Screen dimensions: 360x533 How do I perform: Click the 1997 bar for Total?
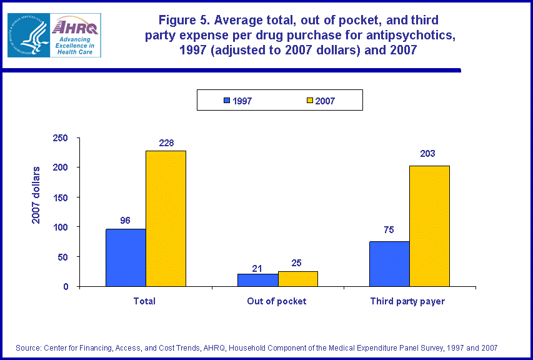(x=126, y=257)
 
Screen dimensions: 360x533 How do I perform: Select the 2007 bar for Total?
(x=166, y=218)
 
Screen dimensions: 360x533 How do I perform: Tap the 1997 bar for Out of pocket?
(x=257, y=280)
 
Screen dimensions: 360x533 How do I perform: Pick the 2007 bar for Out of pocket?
(x=297, y=279)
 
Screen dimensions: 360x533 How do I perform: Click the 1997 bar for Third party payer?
(x=389, y=264)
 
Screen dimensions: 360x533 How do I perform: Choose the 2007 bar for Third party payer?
(x=429, y=226)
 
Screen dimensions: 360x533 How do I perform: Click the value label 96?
(x=126, y=220)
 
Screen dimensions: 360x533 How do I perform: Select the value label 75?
(x=388, y=229)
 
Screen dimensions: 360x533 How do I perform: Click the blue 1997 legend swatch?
(x=226, y=101)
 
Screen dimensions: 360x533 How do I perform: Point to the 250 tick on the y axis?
(x=61, y=138)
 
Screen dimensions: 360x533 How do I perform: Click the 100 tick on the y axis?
(x=61, y=227)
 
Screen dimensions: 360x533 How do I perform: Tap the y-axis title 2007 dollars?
(x=37, y=194)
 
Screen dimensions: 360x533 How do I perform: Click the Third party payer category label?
(x=407, y=301)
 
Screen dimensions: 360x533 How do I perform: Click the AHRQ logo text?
(x=75, y=27)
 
